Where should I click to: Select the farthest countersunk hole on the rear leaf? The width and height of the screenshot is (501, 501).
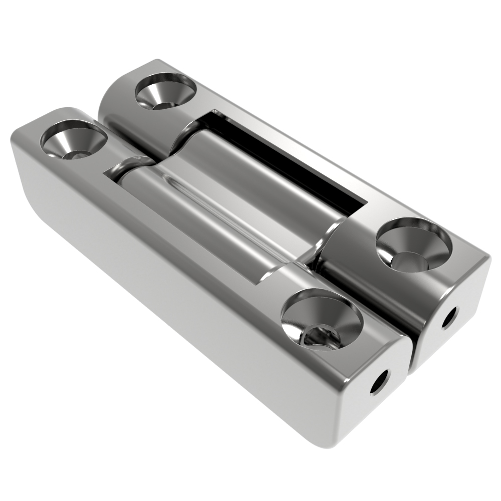[x=166, y=91]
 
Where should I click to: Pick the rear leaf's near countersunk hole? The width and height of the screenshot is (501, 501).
[x=414, y=246]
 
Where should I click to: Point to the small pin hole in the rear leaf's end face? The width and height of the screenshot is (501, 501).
[x=449, y=318]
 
